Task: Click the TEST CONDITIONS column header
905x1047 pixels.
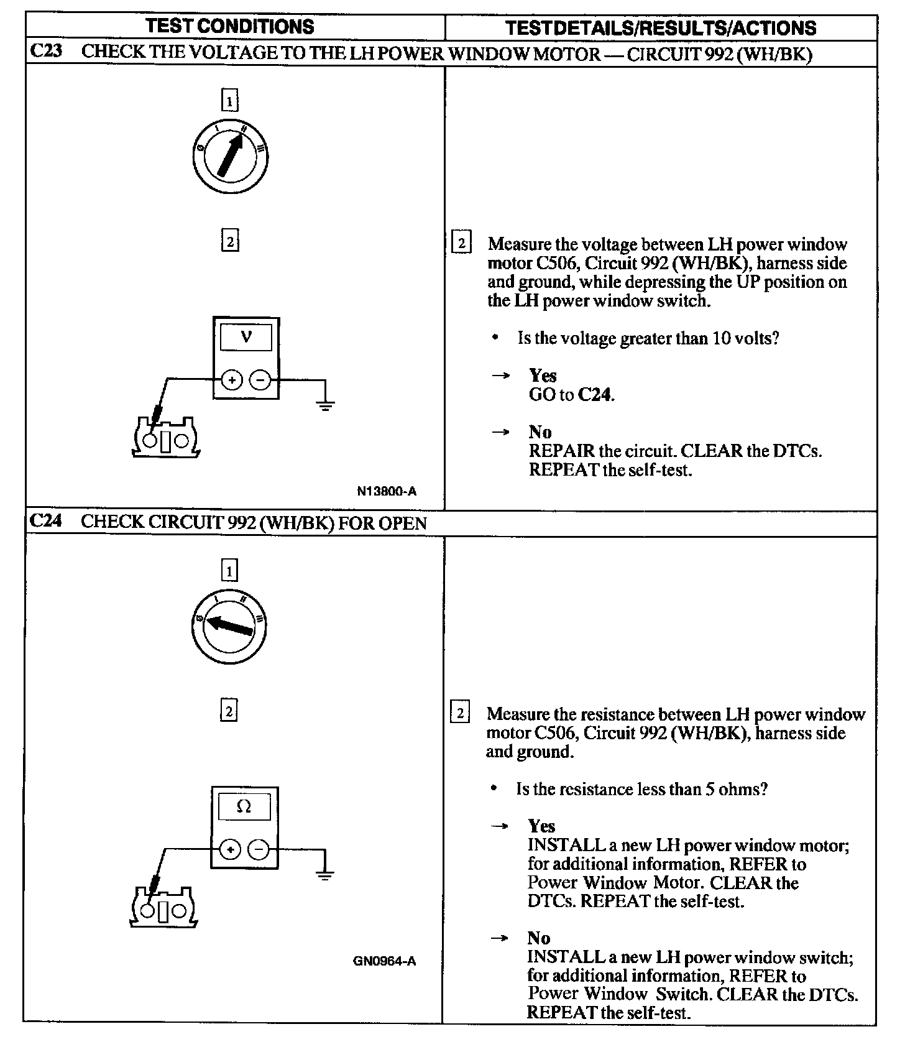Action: pyautogui.click(x=230, y=26)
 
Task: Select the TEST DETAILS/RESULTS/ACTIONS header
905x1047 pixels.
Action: pyautogui.click(x=661, y=28)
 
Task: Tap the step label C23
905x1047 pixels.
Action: pyautogui.click(x=46, y=52)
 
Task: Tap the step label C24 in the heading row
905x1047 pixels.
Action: pyautogui.click(x=46, y=521)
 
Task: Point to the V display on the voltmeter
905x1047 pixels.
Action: pyautogui.click(x=246, y=338)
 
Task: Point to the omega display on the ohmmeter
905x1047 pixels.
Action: pyautogui.click(x=244, y=807)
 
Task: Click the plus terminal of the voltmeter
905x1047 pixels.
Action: pyautogui.click(x=231, y=379)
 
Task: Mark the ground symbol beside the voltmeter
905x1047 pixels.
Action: pyautogui.click(x=325, y=405)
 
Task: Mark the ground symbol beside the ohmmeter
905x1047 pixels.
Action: pyautogui.click(x=324, y=875)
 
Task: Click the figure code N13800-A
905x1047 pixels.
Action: pyautogui.click(x=387, y=491)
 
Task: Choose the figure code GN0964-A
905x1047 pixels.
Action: pyautogui.click(x=384, y=961)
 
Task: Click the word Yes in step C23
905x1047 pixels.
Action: pyautogui.click(x=543, y=376)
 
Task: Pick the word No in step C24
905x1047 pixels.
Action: pyautogui.click(x=538, y=938)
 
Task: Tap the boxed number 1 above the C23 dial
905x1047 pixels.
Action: pyautogui.click(x=230, y=101)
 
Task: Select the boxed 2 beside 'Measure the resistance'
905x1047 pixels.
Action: pyautogui.click(x=460, y=713)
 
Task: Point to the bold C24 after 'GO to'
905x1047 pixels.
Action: pyautogui.click(x=594, y=395)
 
